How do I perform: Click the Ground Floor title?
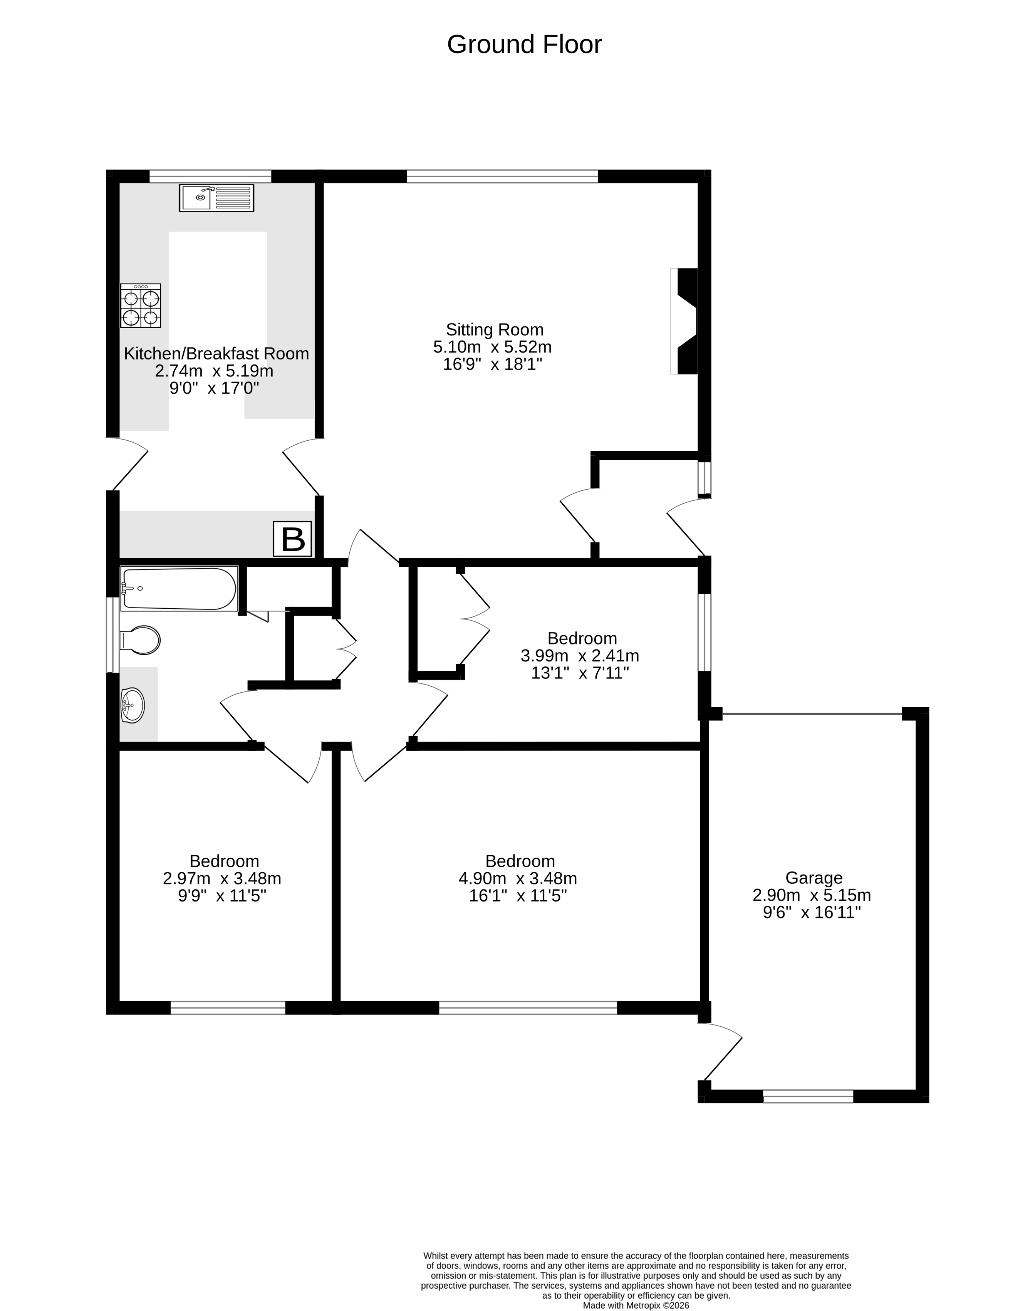[x=524, y=45]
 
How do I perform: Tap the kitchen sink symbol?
[x=216, y=198]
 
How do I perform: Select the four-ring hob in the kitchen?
[x=141, y=306]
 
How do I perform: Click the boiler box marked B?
[x=293, y=539]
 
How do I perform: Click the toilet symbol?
[x=141, y=640]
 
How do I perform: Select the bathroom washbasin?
[x=133, y=705]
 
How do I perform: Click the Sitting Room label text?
[x=495, y=330]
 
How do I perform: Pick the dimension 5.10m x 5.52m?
[x=492, y=347]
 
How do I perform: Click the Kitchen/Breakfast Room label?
[x=216, y=353]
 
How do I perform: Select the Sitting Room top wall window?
[x=502, y=176]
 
